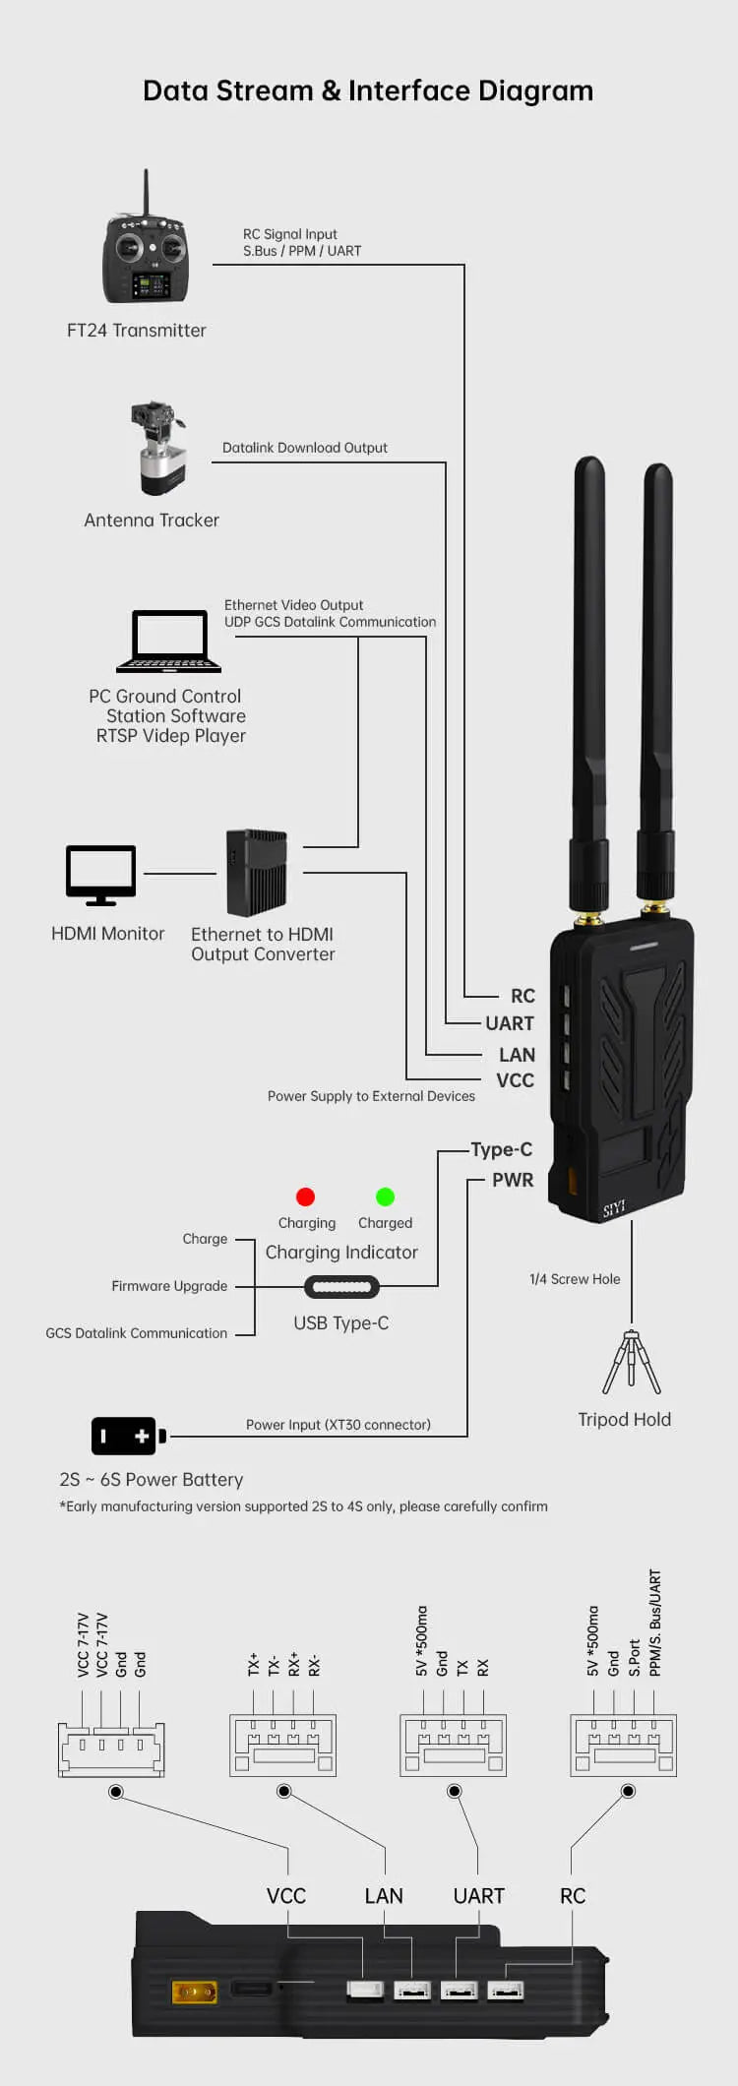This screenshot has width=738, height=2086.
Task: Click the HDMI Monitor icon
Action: (100, 874)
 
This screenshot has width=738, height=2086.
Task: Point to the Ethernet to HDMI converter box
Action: (256, 872)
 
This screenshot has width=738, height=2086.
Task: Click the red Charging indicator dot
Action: (305, 1196)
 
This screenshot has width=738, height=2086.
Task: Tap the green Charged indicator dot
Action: (385, 1196)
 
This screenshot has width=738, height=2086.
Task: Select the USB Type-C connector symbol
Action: (341, 1286)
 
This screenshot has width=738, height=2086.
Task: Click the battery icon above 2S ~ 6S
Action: (128, 1436)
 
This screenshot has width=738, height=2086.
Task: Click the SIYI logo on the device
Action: (614, 1208)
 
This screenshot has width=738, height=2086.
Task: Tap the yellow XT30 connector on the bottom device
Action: (194, 1993)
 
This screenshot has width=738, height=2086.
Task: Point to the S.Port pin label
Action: (635, 1657)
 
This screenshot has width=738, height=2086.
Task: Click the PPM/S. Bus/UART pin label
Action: (655, 1623)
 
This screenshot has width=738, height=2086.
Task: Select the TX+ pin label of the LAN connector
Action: (253, 1664)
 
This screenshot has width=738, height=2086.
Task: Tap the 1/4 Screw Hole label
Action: (575, 1279)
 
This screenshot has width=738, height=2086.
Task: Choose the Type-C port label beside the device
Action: (501, 1149)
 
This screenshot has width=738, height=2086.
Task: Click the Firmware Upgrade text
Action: (169, 1286)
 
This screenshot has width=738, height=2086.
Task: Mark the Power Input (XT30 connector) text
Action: (338, 1425)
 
